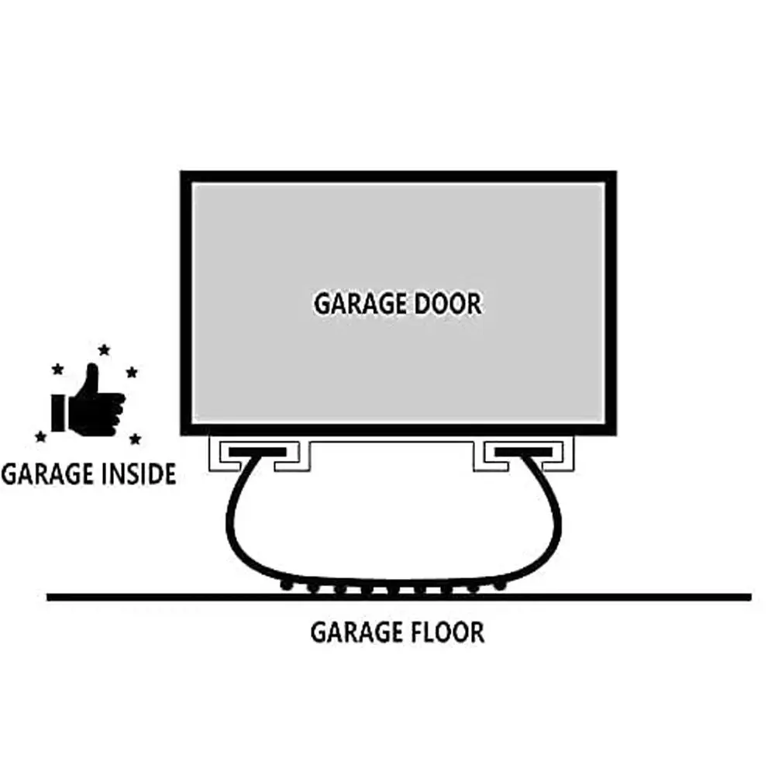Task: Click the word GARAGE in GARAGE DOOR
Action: (359, 304)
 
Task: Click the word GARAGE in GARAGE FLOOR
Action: (355, 632)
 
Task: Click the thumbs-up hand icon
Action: (87, 403)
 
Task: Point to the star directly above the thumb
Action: (104, 350)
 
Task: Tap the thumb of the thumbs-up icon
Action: (92, 380)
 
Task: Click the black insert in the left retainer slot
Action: (257, 450)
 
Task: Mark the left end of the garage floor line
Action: (49, 597)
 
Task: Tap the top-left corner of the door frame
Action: (184, 174)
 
